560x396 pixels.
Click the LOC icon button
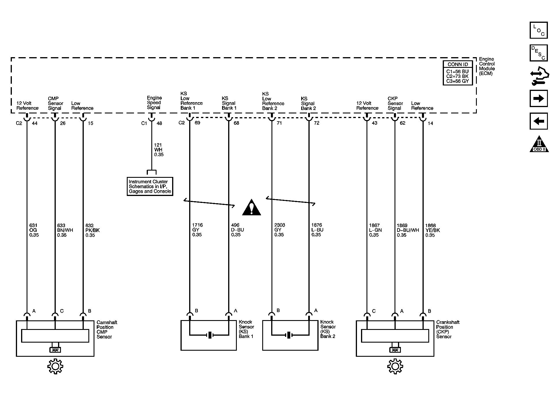click(x=539, y=30)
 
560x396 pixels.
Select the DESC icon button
click(x=539, y=53)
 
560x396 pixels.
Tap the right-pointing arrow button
click(x=539, y=99)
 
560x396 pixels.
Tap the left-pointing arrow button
click(x=539, y=121)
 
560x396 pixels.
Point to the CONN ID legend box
click(x=457, y=73)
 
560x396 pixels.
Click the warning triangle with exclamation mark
click(x=252, y=208)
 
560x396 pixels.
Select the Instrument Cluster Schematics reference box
click(x=150, y=186)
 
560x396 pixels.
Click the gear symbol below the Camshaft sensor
click(x=55, y=366)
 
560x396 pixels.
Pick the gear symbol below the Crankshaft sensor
click(x=395, y=366)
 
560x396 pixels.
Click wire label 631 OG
click(x=34, y=230)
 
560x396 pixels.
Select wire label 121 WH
click(x=159, y=150)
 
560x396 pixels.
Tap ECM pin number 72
click(x=317, y=123)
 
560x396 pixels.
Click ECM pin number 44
click(x=35, y=123)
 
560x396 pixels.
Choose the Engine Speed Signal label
click(x=154, y=102)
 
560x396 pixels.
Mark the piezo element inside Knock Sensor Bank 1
click(x=210, y=335)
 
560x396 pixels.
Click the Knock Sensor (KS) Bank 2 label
click(x=328, y=329)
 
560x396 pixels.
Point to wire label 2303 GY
click(x=279, y=230)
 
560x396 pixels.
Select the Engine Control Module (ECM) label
click(x=487, y=66)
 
